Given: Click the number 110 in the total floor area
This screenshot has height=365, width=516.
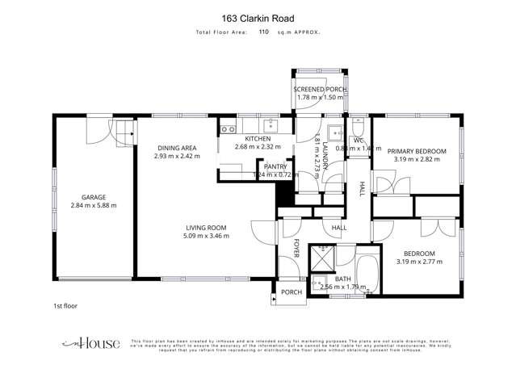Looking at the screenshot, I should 263,32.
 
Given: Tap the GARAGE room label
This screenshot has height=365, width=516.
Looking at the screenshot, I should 94,196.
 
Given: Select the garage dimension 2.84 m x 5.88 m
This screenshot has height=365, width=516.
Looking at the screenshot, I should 94,205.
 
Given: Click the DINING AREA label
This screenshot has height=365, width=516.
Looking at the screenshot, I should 177,147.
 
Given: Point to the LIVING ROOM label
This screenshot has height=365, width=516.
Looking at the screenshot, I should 206,228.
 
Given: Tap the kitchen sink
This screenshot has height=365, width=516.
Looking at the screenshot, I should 271,124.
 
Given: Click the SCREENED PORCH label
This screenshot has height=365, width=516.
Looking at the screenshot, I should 319,90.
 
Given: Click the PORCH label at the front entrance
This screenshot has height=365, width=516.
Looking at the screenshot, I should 291,292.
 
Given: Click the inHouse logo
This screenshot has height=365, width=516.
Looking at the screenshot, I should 90,342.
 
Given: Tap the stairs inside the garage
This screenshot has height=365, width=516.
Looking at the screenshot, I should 121,130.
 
